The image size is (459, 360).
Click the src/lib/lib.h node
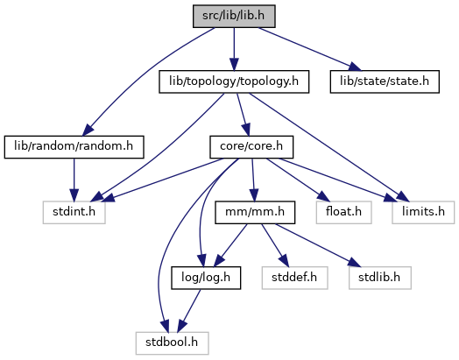[x=234, y=16]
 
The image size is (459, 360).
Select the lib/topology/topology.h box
[x=234, y=81]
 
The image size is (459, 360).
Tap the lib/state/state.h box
[x=385, y=81]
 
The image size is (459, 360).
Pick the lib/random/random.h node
[x=74, y=147]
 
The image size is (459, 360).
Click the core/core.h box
[x=251, y=147]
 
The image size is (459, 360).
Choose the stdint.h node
[x=74, y=213]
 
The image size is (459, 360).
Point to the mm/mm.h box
[x=255, y=213]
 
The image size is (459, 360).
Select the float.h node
[x=344, y=213]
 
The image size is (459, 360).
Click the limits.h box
[x=423, y=213]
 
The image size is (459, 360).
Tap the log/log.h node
[x=206, y=278]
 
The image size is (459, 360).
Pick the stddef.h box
[x=295, y=278]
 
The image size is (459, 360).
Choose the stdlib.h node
[x=380, y=278]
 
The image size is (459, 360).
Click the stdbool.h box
[x=172, y=343]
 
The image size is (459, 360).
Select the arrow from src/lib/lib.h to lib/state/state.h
[x=309, y=49]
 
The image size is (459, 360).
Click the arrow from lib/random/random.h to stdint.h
[x=74, y=180]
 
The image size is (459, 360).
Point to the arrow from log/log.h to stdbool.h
[x=189, y=311]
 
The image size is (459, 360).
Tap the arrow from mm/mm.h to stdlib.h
[x=317, y=245]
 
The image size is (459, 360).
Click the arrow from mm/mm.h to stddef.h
[x=275, y=245]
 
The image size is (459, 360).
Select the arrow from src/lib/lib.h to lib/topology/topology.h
[x=234, y=49]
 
